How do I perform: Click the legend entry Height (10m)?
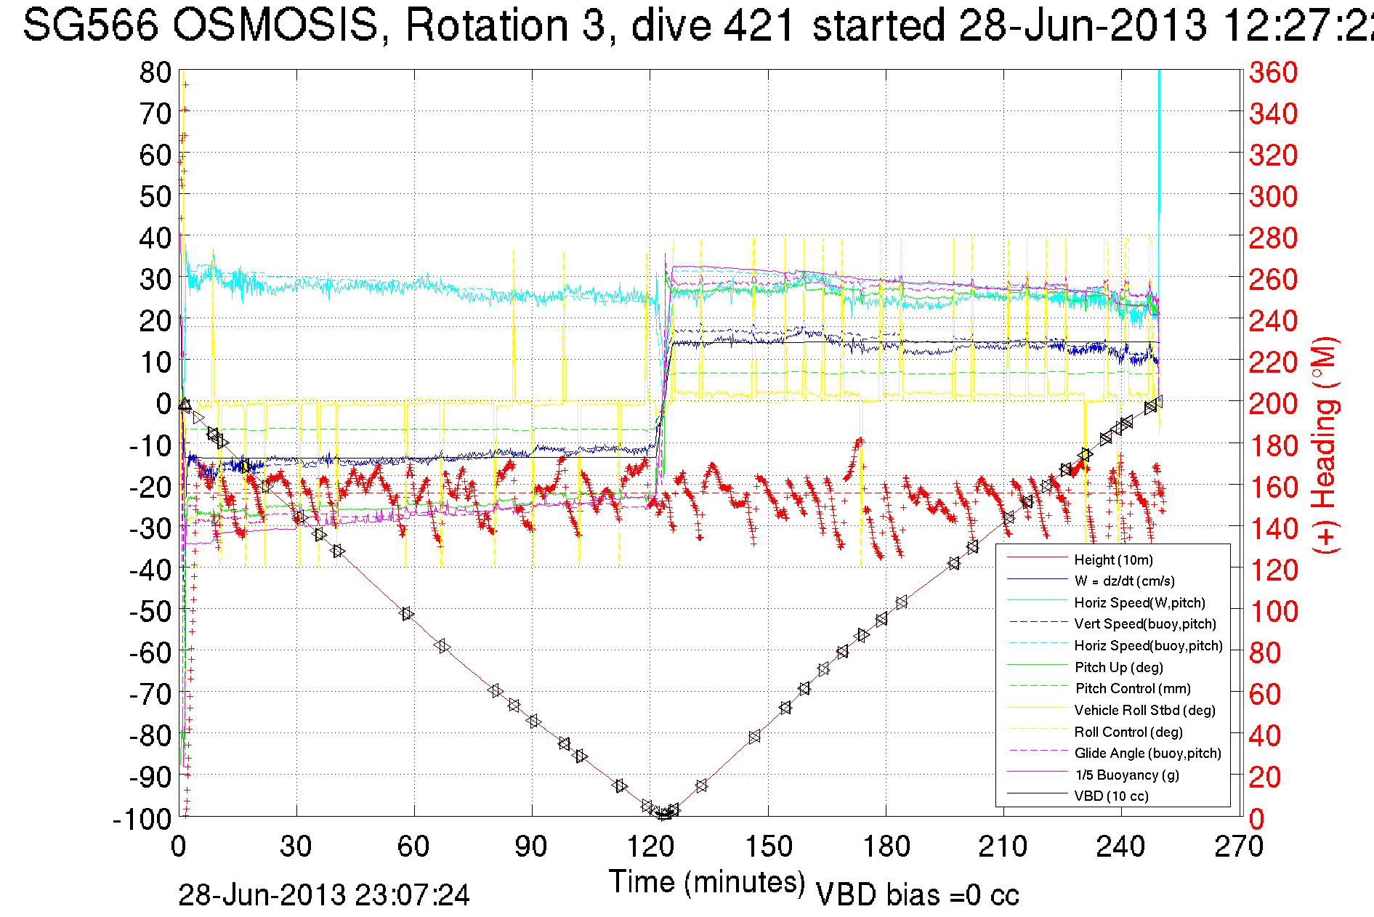[1113, 560]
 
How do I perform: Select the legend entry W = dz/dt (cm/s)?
[1124, 581]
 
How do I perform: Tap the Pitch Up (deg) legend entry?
[1118, 667]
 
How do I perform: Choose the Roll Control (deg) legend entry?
[1128, 732]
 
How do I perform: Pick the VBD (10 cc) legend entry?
[1111, 796]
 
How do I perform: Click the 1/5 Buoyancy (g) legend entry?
[1126, 775]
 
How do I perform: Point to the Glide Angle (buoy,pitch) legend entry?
[1147, 753]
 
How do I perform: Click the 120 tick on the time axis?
[650, 847]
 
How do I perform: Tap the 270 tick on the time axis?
[1239, 847]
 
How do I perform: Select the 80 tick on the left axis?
[155, 72]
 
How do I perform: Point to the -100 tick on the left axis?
[142, 819]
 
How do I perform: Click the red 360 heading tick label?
[1273, 72]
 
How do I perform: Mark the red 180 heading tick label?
[1273, 445]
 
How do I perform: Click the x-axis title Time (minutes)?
[707, 882]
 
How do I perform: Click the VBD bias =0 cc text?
[917, 895]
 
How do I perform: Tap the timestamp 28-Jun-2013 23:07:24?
[324, 895]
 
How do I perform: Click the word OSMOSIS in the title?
[275, 25]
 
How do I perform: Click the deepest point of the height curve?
[663, 815]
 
